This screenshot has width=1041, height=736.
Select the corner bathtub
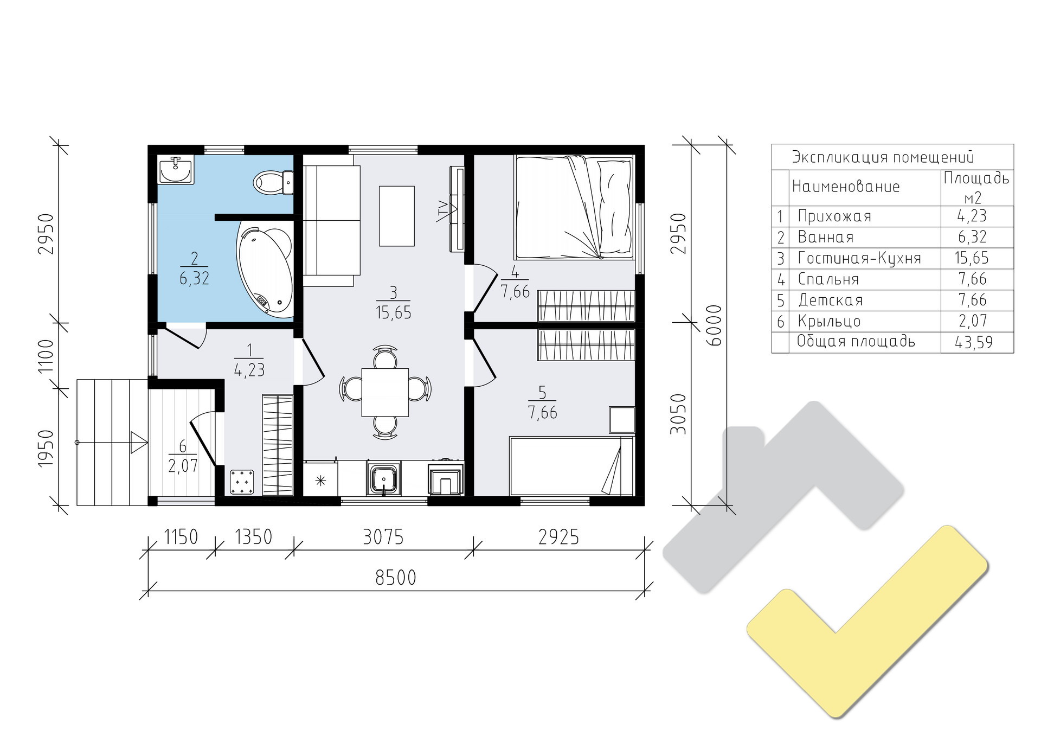[265, 272]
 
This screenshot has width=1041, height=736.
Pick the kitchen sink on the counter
[384, 479]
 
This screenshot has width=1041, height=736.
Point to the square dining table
[385, 392]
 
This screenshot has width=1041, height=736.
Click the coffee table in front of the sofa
[397, 216]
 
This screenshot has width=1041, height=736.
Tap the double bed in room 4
[574, 207]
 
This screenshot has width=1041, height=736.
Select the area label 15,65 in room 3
[393, 313]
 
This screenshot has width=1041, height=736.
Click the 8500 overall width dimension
[396, 578]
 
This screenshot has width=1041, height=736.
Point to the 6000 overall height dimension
[715, 325]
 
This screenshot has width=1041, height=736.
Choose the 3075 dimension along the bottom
[383, 537]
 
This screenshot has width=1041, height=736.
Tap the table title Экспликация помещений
[883, 157]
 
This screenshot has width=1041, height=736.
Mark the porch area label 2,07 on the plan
[183, 465]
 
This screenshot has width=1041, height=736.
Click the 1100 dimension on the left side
[47, 356]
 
